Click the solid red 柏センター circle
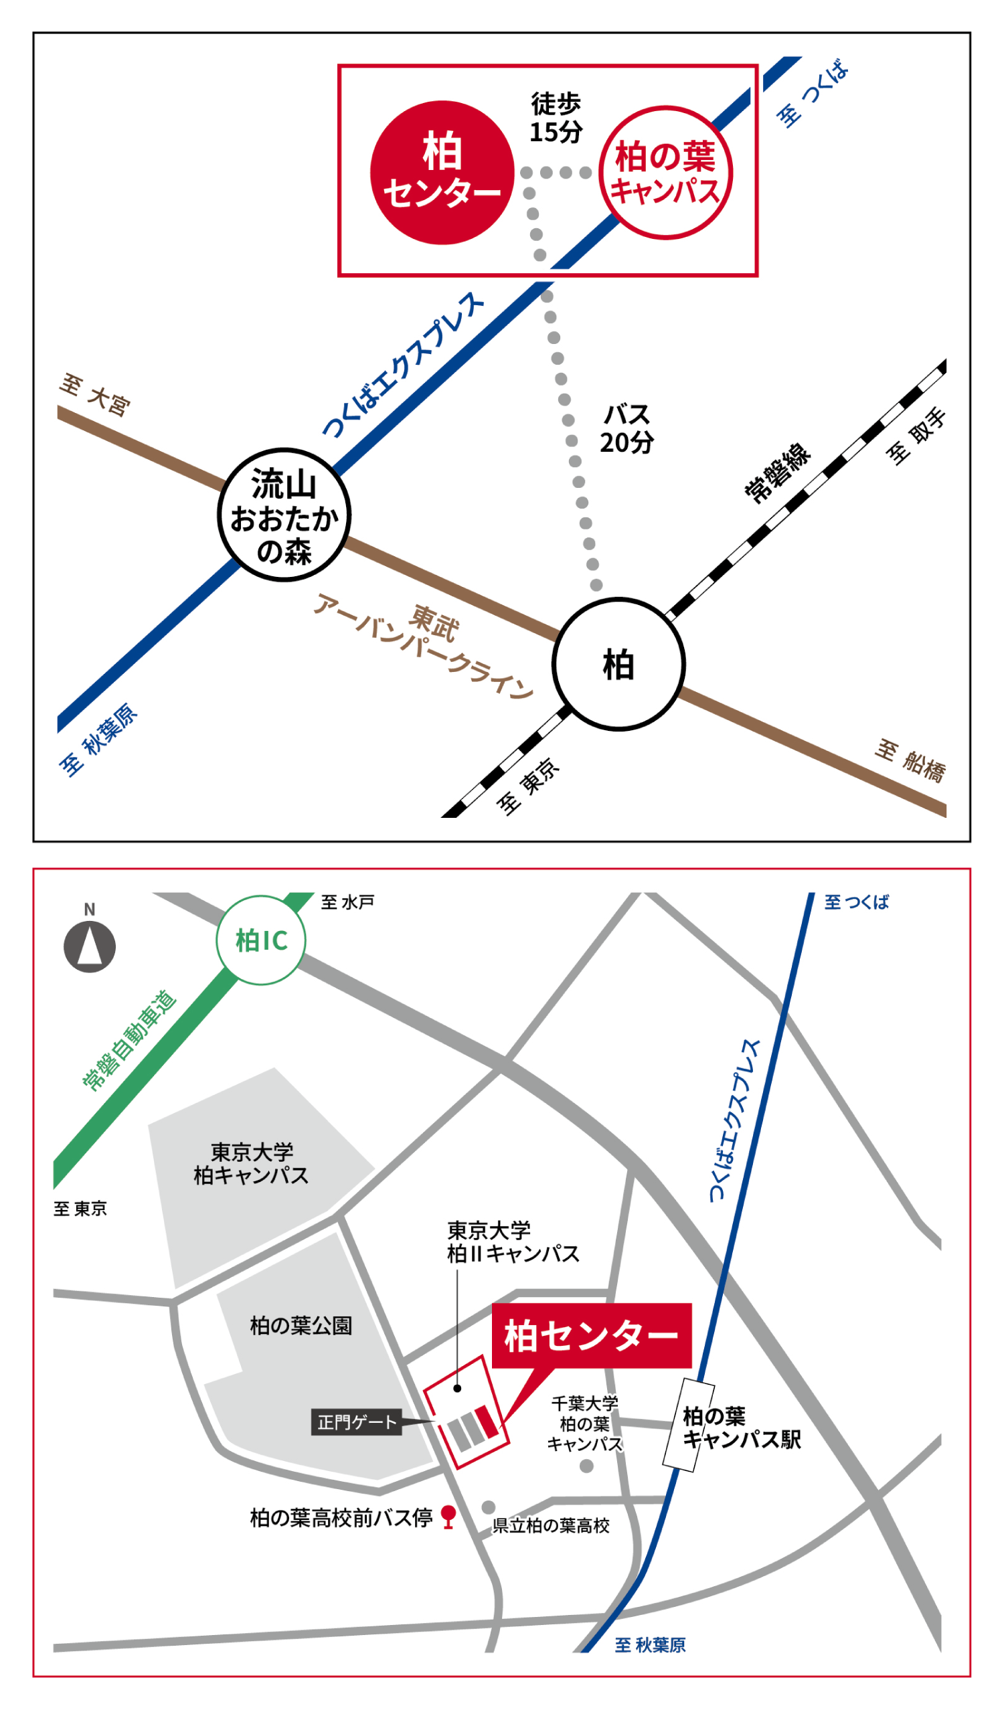[x=442, y=173]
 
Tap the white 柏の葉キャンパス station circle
[x=665, y=173]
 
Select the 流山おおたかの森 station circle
[x=284, y=515]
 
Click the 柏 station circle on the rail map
[x=618, y=664]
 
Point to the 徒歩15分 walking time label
[x=556, y=118]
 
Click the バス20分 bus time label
[x=626, y=429]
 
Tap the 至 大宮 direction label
[x=95, y=394]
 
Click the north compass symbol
[x=90, y=946]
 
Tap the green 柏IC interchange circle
[x=261, y=940]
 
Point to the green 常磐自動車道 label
[x=129, y=1041]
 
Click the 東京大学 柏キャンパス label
[x=251, y=1164]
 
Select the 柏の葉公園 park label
[x=301, y=1325]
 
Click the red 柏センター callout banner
[x=591, y=1336]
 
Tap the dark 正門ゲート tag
[x=356, y=1422]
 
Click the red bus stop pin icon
[x=448, y=1516]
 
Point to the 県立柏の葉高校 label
[x=551, y=1525]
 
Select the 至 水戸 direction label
[x=347, y=902]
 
